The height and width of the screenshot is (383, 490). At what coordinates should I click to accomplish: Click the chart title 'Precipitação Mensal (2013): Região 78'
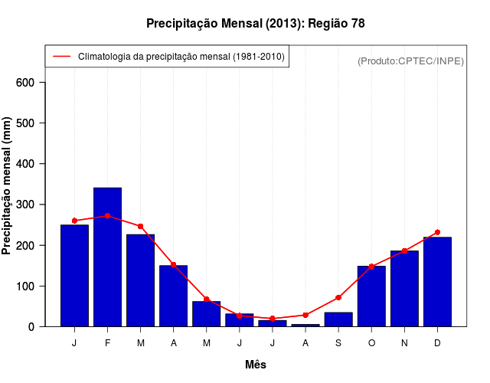[255, 24]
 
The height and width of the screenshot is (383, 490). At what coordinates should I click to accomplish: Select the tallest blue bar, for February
[107, 257]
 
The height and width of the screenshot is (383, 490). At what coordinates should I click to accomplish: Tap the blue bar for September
[338, 319]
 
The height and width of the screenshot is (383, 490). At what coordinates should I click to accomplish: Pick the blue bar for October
[371, 296]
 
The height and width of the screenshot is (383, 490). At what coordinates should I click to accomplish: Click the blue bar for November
[404, 289]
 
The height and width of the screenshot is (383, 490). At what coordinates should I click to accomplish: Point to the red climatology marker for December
[437, 232]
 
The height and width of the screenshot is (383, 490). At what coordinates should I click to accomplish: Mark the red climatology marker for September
[338, 297]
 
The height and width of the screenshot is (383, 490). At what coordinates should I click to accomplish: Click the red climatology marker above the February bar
[107, 216]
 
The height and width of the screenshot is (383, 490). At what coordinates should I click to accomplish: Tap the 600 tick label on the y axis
[36, 83]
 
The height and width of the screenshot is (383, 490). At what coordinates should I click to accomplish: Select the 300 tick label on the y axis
[36, 205]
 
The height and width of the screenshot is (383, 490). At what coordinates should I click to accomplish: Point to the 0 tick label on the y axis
[41, 327]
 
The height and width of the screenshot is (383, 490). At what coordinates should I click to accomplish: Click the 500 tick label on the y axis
[36, 123]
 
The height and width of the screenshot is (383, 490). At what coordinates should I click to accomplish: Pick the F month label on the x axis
[107, 343]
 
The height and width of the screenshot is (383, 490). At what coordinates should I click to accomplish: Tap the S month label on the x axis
[338, 343]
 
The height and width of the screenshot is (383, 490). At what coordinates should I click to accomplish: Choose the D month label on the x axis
[437, 343]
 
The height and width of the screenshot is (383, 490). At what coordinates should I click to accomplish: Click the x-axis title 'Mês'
[256, 365]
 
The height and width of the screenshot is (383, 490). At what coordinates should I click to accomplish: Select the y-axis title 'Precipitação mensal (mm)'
[8, 186]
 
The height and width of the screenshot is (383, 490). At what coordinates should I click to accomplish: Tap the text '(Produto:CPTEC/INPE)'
[411, 61]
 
